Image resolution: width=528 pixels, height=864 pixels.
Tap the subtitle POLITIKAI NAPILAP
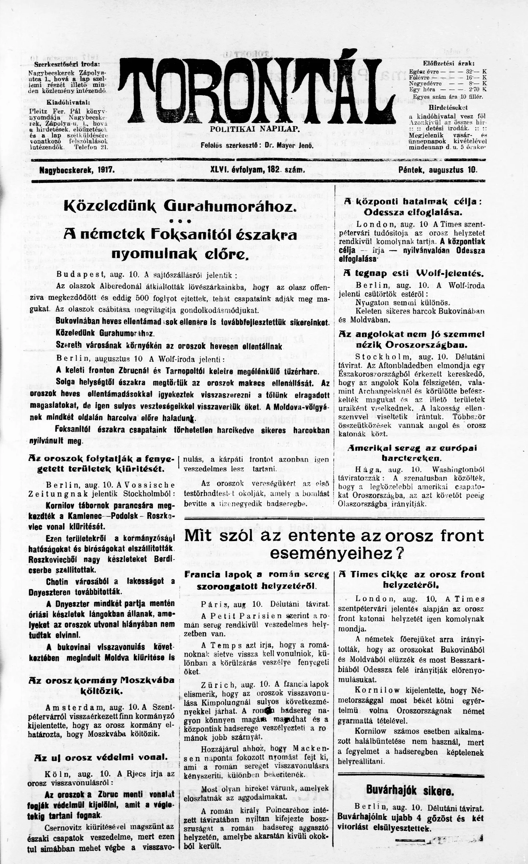(x=255, y=129)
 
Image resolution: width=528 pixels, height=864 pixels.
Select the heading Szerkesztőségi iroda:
(x=67, y=64)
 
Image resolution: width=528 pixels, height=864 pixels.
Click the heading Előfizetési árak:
(x=449, y=63)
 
